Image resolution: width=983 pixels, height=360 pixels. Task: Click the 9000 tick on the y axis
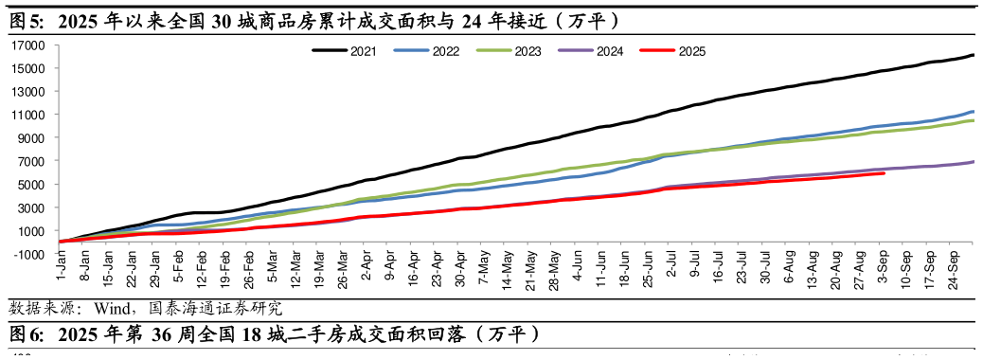click(x=34, y=137)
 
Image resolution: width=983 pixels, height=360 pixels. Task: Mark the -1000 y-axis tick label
click(x=31, y=254)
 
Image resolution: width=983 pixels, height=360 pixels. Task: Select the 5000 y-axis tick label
click(x=34, y=184)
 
